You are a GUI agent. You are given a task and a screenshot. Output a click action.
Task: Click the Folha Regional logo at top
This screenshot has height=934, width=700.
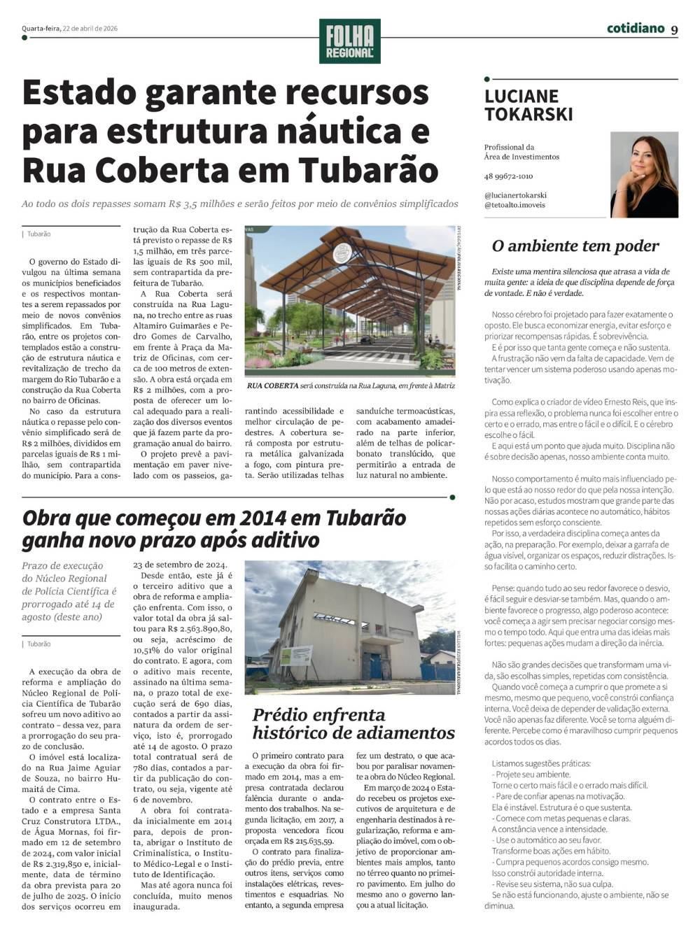click(x=349, y=41)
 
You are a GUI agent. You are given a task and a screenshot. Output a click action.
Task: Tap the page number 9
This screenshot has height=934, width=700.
click(x=674, y=29)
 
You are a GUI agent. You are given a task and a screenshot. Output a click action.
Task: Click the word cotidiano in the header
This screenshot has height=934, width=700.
click(x=636, y=28)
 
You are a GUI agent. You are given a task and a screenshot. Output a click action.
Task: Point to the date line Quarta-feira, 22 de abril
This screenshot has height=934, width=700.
click(x=70, y=29)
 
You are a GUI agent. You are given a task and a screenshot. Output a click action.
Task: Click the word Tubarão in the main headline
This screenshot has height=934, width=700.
click(x=369, y=171)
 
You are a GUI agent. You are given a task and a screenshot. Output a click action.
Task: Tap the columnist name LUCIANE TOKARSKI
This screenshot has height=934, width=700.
click(x=528, y=105)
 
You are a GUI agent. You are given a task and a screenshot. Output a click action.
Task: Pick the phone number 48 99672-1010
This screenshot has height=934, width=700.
click(x=508, y=176)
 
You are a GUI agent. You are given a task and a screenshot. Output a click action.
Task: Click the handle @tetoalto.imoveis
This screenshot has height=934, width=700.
click(x=514, y=205)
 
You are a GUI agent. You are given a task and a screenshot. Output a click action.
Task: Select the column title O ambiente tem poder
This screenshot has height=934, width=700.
click(x=575, y=246)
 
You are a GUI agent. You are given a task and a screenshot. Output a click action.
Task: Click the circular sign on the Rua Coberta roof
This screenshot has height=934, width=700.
click(x=342, y=253)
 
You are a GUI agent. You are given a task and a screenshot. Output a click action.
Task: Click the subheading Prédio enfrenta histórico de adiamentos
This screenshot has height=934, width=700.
click(x=353, y=723)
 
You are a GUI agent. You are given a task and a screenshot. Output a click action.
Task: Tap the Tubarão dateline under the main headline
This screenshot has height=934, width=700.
click(x=39, y=234)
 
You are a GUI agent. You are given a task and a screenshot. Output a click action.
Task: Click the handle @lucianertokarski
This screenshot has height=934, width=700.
click(x=515, y=195)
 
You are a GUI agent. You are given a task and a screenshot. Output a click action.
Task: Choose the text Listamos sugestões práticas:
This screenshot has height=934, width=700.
click(x=541, y=763)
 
